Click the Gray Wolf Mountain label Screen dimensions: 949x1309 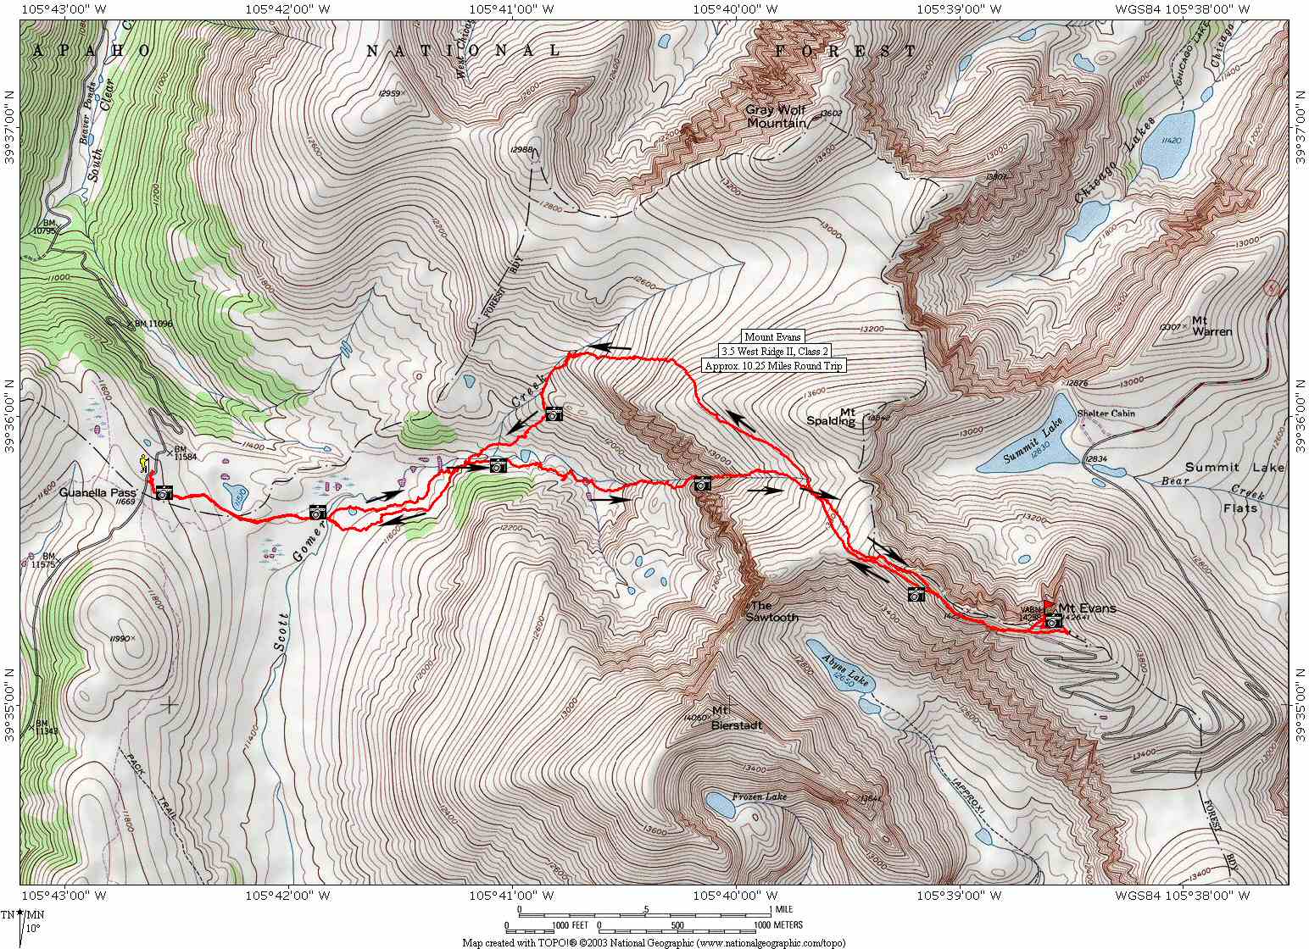click(775, 116)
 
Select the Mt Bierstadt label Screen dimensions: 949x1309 click(736, 718)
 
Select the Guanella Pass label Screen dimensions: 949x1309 click(97, 491)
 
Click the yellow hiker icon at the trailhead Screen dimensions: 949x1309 click(144, 462)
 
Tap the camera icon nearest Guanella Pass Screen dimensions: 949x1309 click(164, 492)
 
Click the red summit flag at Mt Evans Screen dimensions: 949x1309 click(1049, 607)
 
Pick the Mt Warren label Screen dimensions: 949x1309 click(1211, 325)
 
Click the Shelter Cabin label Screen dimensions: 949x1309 click(1106, 413)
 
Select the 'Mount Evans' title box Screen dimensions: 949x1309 click(772, 336)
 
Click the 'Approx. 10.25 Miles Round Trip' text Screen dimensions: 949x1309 click(772, 366)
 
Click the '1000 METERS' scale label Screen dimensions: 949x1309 click(778, 925)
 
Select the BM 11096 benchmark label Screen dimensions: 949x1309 click(145, 324)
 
